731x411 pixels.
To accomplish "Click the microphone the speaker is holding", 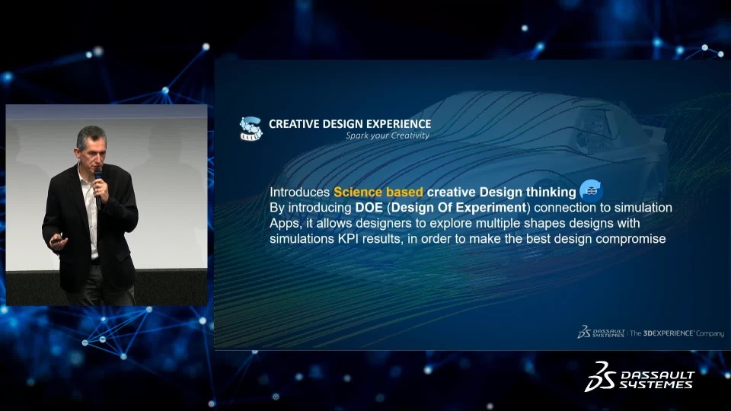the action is [98, 188].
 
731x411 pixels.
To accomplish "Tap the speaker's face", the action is [92, 151].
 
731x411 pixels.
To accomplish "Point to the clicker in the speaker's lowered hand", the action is [57, 240].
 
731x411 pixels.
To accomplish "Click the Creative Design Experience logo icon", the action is [251, 129].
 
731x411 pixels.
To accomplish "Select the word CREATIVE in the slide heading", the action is [288, 124].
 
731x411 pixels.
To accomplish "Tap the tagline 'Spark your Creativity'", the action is [388, 135].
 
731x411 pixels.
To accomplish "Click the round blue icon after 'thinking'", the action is [591, 190].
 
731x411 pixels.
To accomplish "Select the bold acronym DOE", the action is [369, 207].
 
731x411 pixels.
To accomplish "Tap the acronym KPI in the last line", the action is [348, 238].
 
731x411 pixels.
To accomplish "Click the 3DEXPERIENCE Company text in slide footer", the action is [677, 333].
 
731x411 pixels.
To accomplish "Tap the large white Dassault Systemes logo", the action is [640, 376].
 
